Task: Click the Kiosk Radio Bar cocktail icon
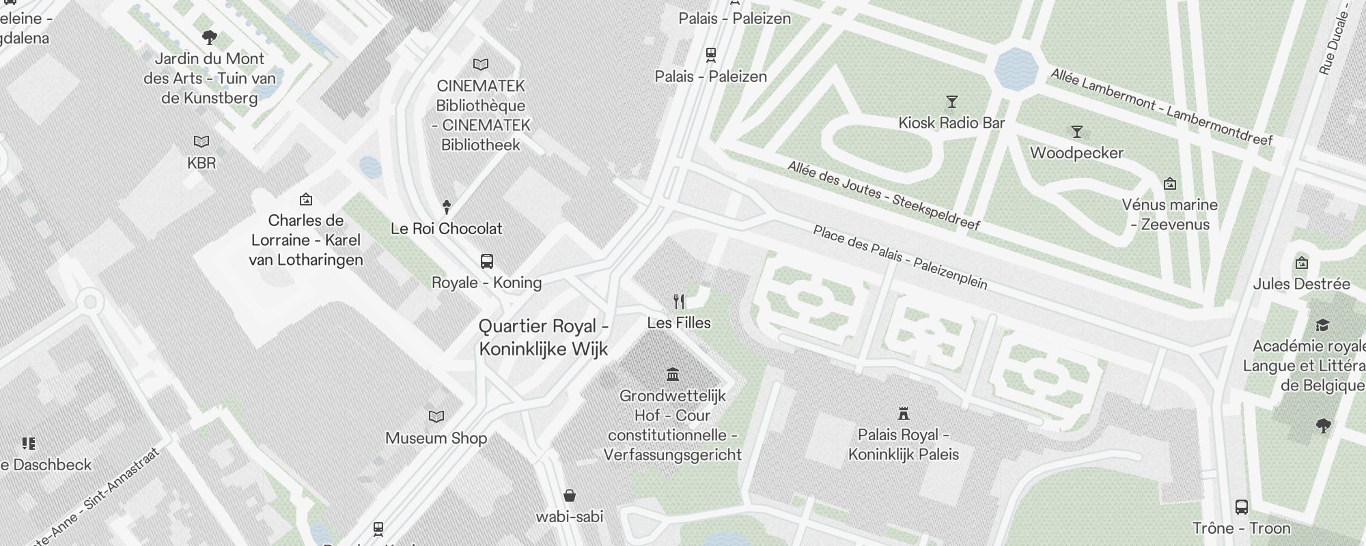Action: [951, 102]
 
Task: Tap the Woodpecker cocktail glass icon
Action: [1077, 132]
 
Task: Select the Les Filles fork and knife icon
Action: [679, 301]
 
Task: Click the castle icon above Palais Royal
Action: [904, 413]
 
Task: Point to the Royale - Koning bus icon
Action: [486, 261]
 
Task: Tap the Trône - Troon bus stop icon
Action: [1242, 507]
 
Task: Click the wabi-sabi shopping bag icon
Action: [570, 495]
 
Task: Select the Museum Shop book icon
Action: [436, 416]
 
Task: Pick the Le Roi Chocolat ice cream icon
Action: [447, 206]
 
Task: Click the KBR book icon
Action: [201, 141]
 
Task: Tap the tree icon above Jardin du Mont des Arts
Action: [210, 37]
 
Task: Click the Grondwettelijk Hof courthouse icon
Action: [673, 374]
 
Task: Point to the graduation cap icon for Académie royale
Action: [1322, 325]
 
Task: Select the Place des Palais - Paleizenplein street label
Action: [900, 257]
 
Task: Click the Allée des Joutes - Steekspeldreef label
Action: [884, 195]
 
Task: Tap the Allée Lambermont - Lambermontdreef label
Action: [1161, 106]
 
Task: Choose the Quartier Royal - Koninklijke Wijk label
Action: [544, 337]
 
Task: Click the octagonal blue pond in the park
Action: [1016, 69]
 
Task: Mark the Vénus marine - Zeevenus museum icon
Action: [1170, 184]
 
